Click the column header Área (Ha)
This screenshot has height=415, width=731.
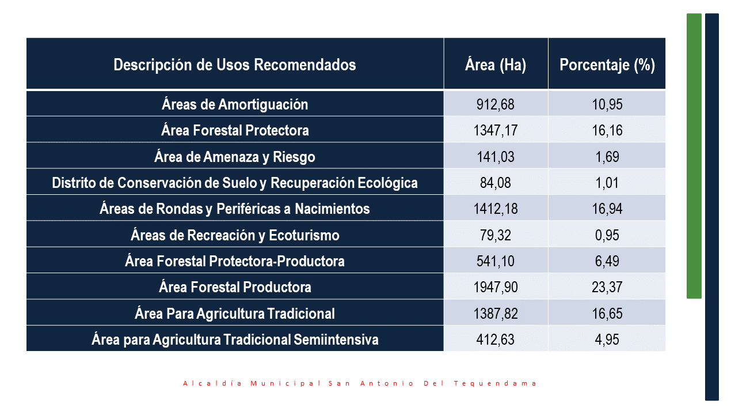tap(496, 65)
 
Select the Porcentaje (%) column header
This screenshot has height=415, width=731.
tap(607, 65)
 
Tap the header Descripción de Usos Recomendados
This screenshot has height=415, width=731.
tap(235, 65)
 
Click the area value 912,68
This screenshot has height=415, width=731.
tap(496, 104)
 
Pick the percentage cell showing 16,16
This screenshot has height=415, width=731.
tap(607, 130)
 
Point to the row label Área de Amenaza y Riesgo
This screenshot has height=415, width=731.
tap(235, 157)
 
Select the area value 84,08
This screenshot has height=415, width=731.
tap(496, 183)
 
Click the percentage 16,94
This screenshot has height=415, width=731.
tap(607, 209)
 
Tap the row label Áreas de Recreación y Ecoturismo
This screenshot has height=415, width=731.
tap(235, 235)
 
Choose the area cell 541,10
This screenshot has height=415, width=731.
tap(496, 261)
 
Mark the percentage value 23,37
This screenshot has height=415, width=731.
tap(607, 287)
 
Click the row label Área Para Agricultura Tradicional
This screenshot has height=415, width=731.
tap(235, 314)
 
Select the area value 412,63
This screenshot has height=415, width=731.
tap(496, 339)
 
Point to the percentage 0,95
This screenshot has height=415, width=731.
tap(607, 235)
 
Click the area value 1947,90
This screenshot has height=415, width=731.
tap(496, 287)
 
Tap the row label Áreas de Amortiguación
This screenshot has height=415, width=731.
tap(235, 104)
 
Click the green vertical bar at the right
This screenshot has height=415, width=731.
tap(694, 156)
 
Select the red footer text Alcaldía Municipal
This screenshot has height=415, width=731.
tap(252, 383)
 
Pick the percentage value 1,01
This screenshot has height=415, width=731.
tap(607, 183)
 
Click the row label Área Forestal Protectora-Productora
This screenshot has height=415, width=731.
tap(235, 261)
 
